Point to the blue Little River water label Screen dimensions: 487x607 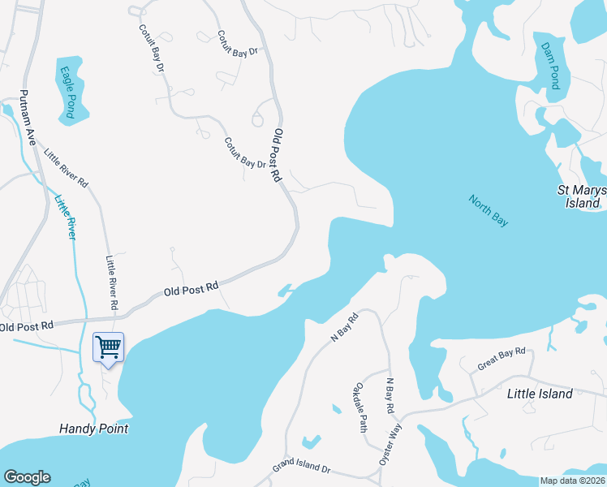tap(65, 216)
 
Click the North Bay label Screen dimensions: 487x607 tap(488, 209)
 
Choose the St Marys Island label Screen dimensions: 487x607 tap(580, 196)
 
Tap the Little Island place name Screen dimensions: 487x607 tap(539, 394)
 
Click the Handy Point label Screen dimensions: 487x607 tap(94, 428)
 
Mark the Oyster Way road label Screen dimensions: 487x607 tap(390, 446)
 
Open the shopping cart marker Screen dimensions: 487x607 tap(108, 347)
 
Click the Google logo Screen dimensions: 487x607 tap(27, 477)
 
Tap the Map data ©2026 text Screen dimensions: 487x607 tap(572, 481)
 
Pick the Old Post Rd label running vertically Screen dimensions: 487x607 tap(278, 154)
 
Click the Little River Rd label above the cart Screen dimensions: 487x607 tap(112, 283)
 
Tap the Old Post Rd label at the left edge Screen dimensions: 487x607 tap(26, 325)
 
